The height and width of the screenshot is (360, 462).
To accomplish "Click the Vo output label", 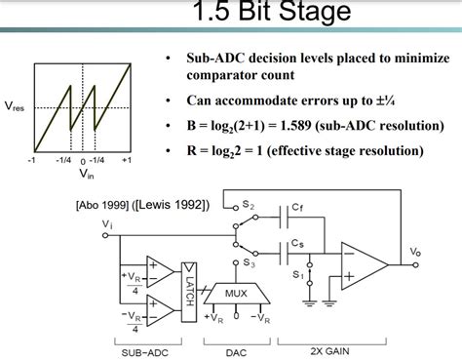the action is (x=443, y=254).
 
